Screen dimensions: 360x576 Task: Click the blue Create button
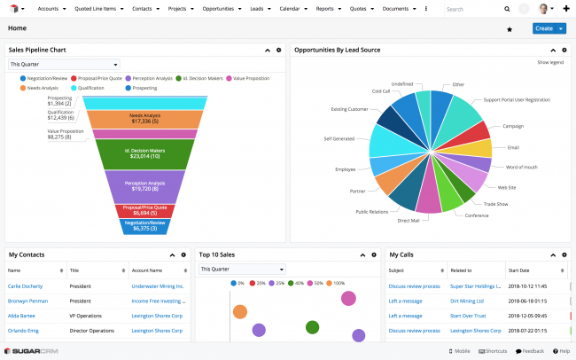click(x=543, y=28)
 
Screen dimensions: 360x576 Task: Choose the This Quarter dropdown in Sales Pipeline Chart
click(x=64, y=64)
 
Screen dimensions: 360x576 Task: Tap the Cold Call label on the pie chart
click(x=380, y=90)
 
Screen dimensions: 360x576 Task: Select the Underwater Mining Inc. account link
click(x=158, y=286)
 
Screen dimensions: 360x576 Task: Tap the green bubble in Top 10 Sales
click(x=312, y=327)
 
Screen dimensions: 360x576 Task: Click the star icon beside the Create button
click(x=510, y=29)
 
